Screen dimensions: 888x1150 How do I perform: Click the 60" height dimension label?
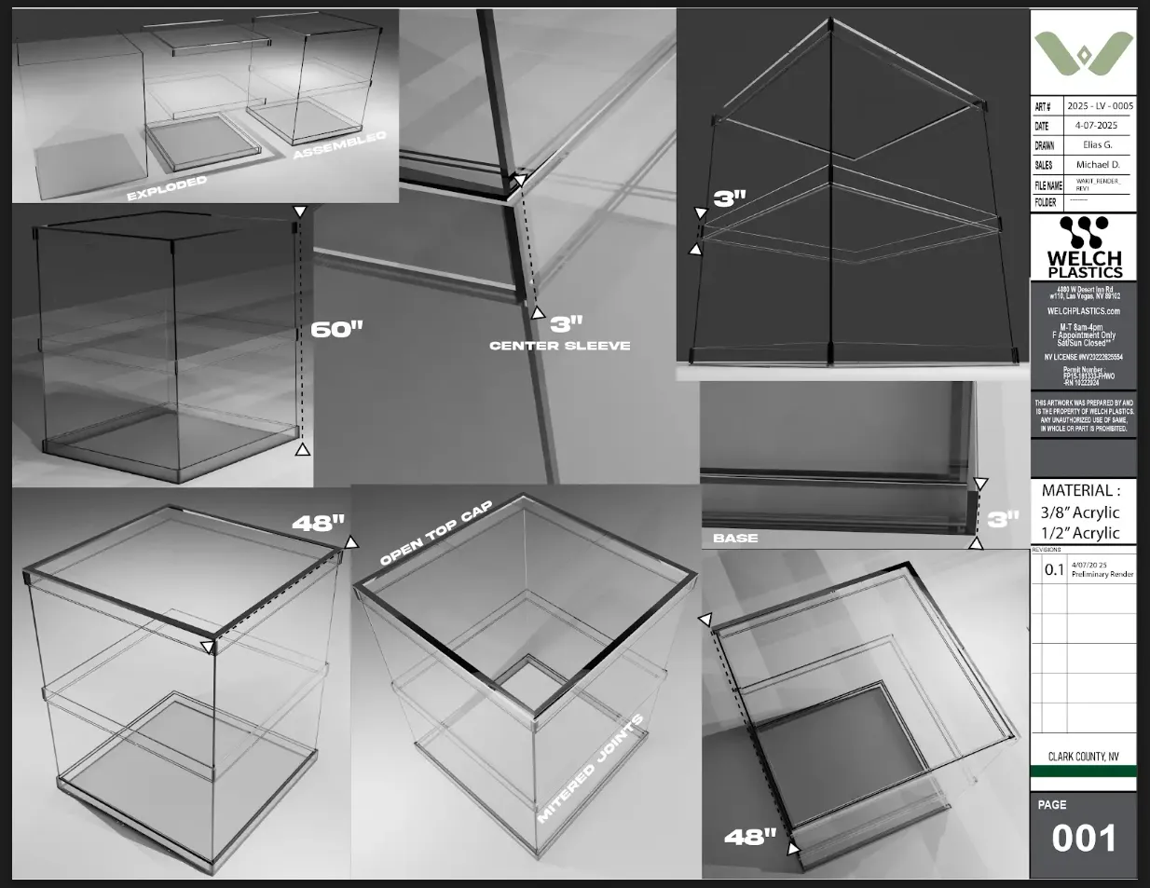pos(336,329)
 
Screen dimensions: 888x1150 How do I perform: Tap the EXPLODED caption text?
pos(167,188)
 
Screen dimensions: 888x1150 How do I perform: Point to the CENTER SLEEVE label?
pos(560,346)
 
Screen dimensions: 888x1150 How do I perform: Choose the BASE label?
pos(735,538)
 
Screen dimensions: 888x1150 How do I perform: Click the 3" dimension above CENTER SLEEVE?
pos(566,323)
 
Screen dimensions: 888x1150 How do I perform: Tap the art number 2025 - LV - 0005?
pos(1100,106)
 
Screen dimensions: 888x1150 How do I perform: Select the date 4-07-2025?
pos(1095,126)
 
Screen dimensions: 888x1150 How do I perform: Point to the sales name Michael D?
pos(1097,165)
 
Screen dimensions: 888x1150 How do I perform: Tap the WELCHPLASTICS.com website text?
pos(1084,311)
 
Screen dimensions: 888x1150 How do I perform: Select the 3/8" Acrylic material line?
pos(1080,512)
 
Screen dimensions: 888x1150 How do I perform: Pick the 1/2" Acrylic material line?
pos(1080,533)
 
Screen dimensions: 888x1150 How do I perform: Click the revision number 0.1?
pos(1053,570)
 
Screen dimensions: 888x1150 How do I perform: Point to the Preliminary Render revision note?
pos(1102,575)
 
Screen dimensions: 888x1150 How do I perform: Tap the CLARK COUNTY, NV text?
pos(1084,758)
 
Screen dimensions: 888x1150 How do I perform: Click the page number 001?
pos(1083,839)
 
